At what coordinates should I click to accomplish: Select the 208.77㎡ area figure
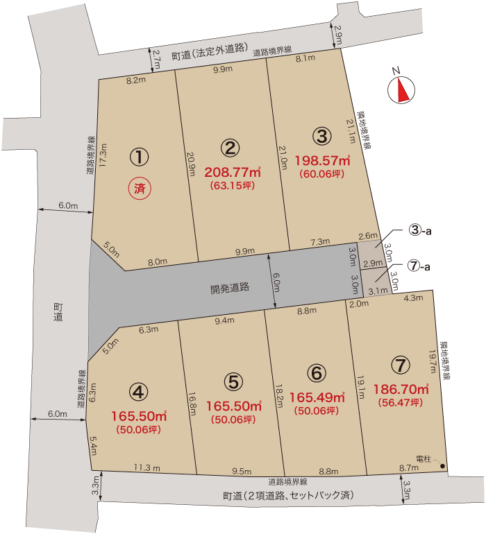point(233,171)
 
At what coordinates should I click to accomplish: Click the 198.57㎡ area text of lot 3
point(321,161)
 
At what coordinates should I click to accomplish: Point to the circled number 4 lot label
point(140,393)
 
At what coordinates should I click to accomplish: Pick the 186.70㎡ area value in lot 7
point(401,389)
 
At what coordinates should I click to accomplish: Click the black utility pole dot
point(442,466)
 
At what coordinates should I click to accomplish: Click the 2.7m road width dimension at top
point(156,60)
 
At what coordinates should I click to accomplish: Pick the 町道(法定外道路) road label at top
point(210,48)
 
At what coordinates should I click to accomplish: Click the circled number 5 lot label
point(233,381)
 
